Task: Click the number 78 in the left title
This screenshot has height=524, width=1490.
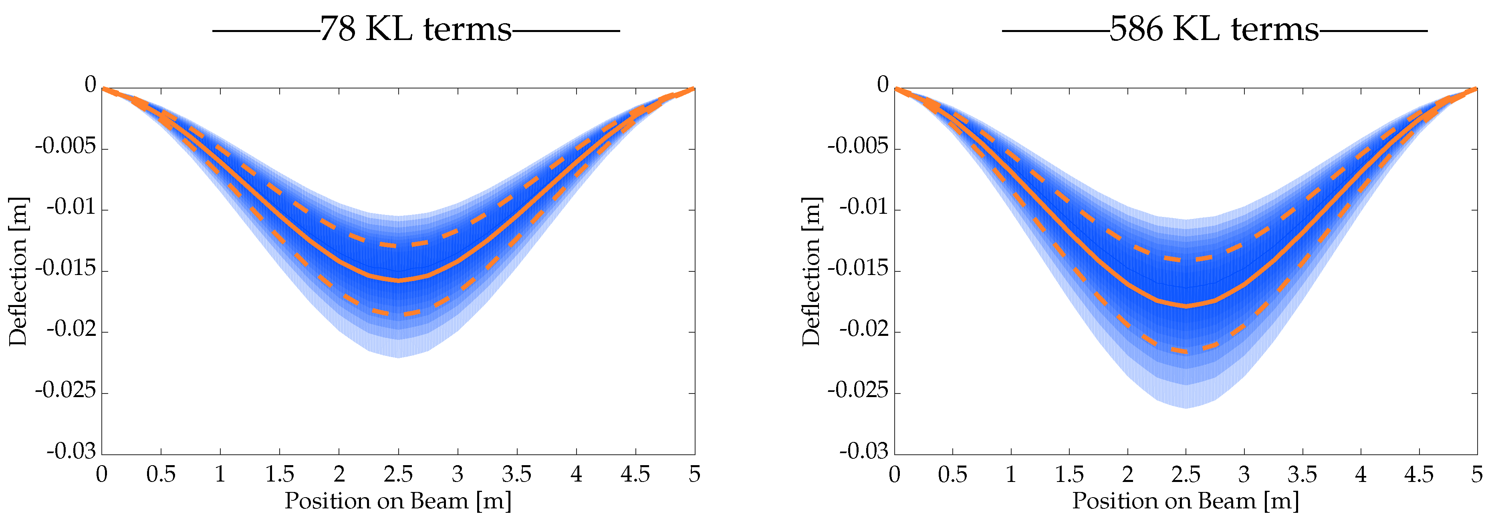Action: coord(337,29)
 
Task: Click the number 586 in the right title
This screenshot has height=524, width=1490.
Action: coord(1136,29)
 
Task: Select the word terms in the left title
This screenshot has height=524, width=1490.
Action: coord(468,29)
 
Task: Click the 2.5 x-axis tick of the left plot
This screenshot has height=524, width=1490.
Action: coord(398,475)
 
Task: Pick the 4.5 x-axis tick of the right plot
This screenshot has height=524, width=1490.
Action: coord(1418,475)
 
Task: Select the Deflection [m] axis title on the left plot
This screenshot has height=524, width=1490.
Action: coord(18,271)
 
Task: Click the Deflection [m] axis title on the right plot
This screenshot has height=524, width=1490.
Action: coord(812,271)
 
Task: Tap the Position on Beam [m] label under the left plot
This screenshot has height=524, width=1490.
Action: coord(398,501)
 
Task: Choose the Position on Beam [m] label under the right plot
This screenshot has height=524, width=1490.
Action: coord(1186,501)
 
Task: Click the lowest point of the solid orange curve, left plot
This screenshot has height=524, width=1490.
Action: coord(398,280)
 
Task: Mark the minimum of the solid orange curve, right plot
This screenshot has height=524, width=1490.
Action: coord(1186,307)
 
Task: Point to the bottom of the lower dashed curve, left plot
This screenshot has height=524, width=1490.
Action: coord(398,314)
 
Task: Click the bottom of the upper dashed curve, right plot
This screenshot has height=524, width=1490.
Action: coord(1186,259)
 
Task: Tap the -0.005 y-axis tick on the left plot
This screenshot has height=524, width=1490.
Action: coord(65,147)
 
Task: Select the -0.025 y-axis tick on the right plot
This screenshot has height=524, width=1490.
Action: coord(858,391)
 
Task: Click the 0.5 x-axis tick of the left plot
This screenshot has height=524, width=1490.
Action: coord(161,475)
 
